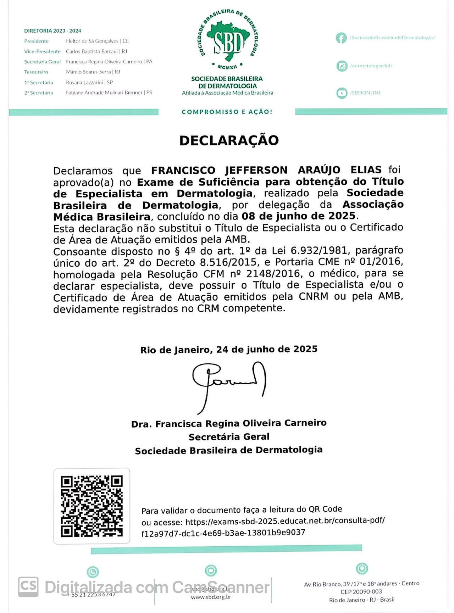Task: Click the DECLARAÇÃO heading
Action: pyautogui.click(x=229, y=140)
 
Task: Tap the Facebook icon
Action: pyautogui.click(x=341, y=38)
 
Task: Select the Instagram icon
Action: pyautogui.click(x=342, y=66)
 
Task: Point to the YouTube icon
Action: pyautogui.click(x=342, y=93)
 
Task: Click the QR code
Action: pyautogui.click(x=92, y=506)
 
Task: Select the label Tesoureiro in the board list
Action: pyautogui.click(x=36, y=72)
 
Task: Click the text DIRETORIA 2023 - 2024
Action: pyautogui.click(x=52, y=31)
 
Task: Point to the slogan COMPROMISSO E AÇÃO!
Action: pyautogui.click(x=227, y=112)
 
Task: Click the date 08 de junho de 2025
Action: pyautogui.click(x=298, y=216)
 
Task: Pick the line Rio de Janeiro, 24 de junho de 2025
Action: pyautogui.click(x=229, y=350)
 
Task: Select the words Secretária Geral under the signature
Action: pyautogui.click(x=229, y=437)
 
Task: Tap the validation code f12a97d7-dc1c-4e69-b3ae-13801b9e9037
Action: pyautogui.click(x=223, y=533)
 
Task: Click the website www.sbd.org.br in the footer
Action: pyautogui.click(x=211, y=597)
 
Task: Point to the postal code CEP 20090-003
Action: pyautogui.click(x=361, y=591)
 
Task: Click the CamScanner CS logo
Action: pyautogui.click(x=28, y=587)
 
